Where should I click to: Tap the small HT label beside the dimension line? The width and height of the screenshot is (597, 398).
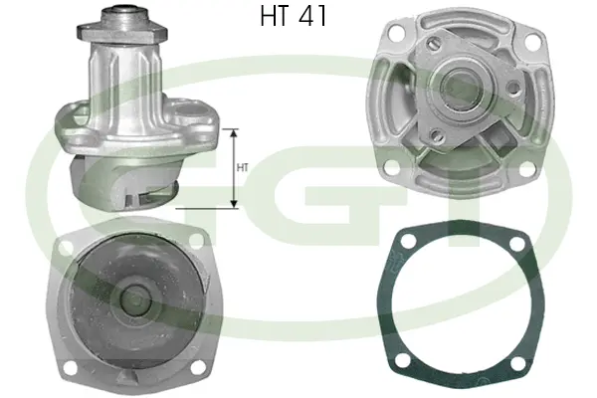242,168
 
